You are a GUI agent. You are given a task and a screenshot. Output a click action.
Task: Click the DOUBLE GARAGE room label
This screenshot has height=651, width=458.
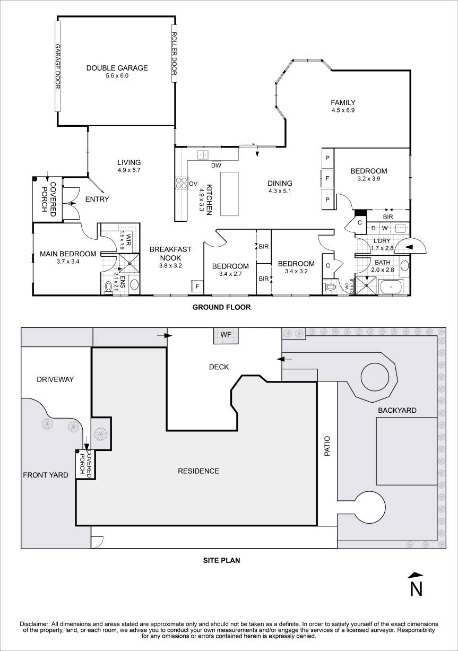coord(117,68)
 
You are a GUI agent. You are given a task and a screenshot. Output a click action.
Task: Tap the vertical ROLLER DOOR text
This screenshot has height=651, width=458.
coord(174,54)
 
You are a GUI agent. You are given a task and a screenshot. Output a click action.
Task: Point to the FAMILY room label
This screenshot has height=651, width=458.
coord(343,102)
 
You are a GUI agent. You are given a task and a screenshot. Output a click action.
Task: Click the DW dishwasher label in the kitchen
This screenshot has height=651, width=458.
coord(215,165)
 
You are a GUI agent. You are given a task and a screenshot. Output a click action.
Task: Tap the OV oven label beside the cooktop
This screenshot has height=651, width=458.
coord(193,184)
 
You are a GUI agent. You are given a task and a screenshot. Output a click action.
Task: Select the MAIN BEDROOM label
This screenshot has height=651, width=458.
coord(68,254)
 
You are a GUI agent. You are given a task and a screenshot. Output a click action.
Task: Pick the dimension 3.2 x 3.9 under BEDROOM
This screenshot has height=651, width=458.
coord(368,179)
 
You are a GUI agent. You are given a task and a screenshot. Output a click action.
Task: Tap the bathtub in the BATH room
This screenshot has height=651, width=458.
coord(391,287)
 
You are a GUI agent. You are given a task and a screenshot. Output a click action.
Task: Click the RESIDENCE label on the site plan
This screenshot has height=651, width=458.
coord(198,471)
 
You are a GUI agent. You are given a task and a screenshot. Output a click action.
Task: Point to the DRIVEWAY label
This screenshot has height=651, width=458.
coord(55,379)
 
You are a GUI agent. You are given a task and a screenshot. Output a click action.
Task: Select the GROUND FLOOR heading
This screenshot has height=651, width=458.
coord(221,307)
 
